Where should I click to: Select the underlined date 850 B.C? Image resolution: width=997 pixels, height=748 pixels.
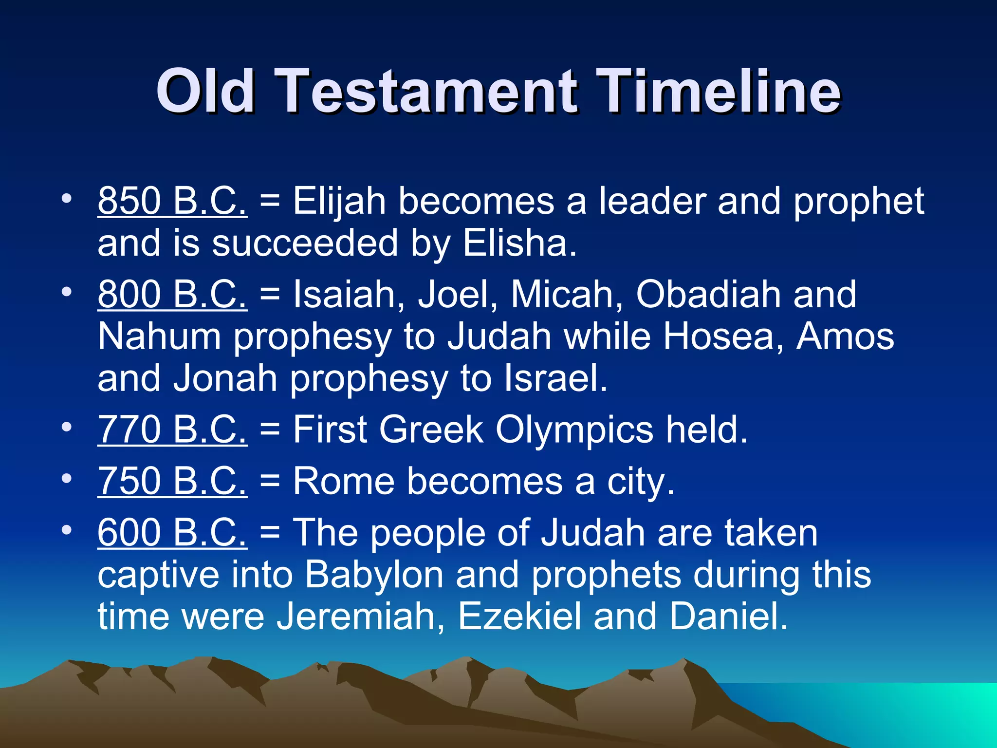click(172, 201)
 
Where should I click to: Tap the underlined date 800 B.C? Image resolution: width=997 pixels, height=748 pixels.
click(172, 294)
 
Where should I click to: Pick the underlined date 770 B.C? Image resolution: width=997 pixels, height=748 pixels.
click(172, 430)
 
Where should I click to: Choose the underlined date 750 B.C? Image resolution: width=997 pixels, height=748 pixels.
click(172, 481)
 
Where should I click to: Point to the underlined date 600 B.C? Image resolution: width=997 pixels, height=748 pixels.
click(172, 532)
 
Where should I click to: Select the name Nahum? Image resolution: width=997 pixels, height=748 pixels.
click(159, 337)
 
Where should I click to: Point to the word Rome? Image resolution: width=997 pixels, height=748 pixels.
click(344, 481)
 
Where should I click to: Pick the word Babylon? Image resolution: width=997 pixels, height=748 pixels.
click(374, 575)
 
